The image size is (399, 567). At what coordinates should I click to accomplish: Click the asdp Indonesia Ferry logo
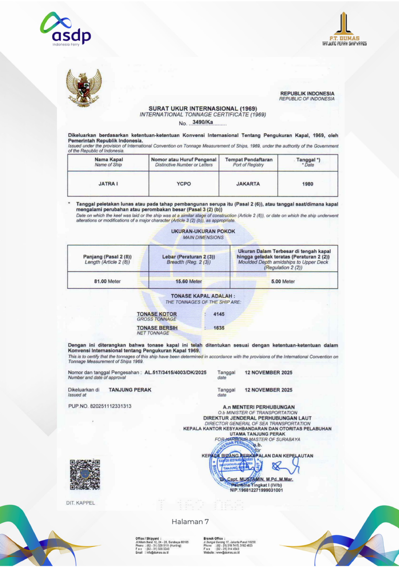66,30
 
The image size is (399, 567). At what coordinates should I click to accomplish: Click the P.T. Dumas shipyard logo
344,29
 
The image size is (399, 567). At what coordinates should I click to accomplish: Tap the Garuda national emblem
84,88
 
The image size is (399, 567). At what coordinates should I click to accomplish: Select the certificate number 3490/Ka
203,122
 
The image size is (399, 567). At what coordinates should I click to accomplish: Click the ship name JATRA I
108,184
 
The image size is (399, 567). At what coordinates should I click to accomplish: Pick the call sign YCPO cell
184,184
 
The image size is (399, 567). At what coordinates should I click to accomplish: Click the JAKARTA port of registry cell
248,184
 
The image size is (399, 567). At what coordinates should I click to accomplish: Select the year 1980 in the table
307,184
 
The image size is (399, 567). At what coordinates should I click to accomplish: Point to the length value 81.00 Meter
107,281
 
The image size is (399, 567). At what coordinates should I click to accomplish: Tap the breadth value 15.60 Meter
189,281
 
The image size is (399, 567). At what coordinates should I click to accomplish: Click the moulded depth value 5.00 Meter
283,281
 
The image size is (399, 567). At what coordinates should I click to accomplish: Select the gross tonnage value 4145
219,314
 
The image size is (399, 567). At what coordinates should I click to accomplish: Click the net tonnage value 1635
219,328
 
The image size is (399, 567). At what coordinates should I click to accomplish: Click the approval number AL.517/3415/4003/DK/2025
175,372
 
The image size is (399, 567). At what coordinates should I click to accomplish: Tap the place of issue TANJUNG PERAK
130,390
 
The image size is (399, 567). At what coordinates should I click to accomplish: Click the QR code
85,474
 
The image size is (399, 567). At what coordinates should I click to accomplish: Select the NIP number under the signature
256,490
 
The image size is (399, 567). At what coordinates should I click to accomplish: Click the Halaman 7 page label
190,521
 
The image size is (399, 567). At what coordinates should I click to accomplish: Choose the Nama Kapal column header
108,162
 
